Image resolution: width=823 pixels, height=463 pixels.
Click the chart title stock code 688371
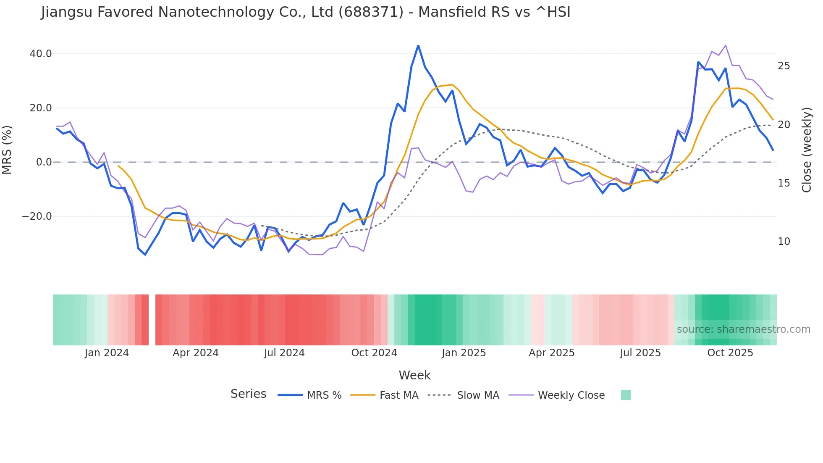coord(371,12)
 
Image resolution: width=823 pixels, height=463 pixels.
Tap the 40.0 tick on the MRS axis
coord(41,54)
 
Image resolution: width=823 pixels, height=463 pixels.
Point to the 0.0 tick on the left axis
coord(44,162)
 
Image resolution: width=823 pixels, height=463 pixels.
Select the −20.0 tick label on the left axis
coord(37,216)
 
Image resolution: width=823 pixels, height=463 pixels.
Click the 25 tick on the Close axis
coord(784,66)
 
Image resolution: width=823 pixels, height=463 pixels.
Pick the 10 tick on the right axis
coord(784,242)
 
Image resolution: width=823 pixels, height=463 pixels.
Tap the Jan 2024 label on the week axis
coord(107,353)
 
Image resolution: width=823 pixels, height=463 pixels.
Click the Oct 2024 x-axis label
coord(374,353)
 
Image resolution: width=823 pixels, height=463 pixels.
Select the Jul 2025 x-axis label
coord(640,353)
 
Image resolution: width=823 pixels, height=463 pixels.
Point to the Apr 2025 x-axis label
coord(552,353)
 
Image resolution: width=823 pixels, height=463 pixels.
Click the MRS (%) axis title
coord(7,150)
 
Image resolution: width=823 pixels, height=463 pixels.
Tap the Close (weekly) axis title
coord(807,150)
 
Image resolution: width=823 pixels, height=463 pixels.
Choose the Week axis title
coord(414,375)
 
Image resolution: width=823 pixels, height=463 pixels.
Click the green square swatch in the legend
coord(626,395)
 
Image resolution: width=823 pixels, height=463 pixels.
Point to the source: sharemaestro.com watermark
coord(744,329)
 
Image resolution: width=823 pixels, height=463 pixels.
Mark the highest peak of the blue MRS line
coord(418,45)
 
